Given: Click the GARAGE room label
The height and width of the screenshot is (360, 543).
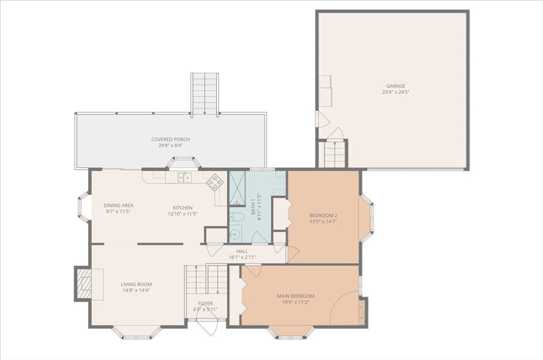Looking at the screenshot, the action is (396, 86).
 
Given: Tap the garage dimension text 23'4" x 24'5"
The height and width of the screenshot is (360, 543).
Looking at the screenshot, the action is (396, 92).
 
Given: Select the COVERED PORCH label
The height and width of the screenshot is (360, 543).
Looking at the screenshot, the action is (170, 139).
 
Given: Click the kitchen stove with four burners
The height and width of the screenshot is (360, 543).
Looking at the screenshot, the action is (215, 182).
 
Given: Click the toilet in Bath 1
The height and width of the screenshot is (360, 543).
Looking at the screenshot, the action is (237, 217).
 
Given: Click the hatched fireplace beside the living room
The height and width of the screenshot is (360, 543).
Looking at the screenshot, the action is (83, 284).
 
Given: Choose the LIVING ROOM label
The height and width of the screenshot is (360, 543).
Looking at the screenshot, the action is (136, 284).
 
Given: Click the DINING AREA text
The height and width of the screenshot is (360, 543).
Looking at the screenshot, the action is (118, 205).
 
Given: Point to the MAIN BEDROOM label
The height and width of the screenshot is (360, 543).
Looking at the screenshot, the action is (296, 296).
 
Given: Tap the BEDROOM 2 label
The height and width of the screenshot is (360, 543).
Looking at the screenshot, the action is (323, 215).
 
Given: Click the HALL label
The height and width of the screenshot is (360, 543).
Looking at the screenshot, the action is (242, 251).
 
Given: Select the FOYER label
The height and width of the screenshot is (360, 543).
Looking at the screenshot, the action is (205, 304).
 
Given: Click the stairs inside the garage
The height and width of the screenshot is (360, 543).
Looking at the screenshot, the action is (335, 154).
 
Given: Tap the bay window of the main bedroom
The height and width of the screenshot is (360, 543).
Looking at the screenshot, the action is (291, 331).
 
